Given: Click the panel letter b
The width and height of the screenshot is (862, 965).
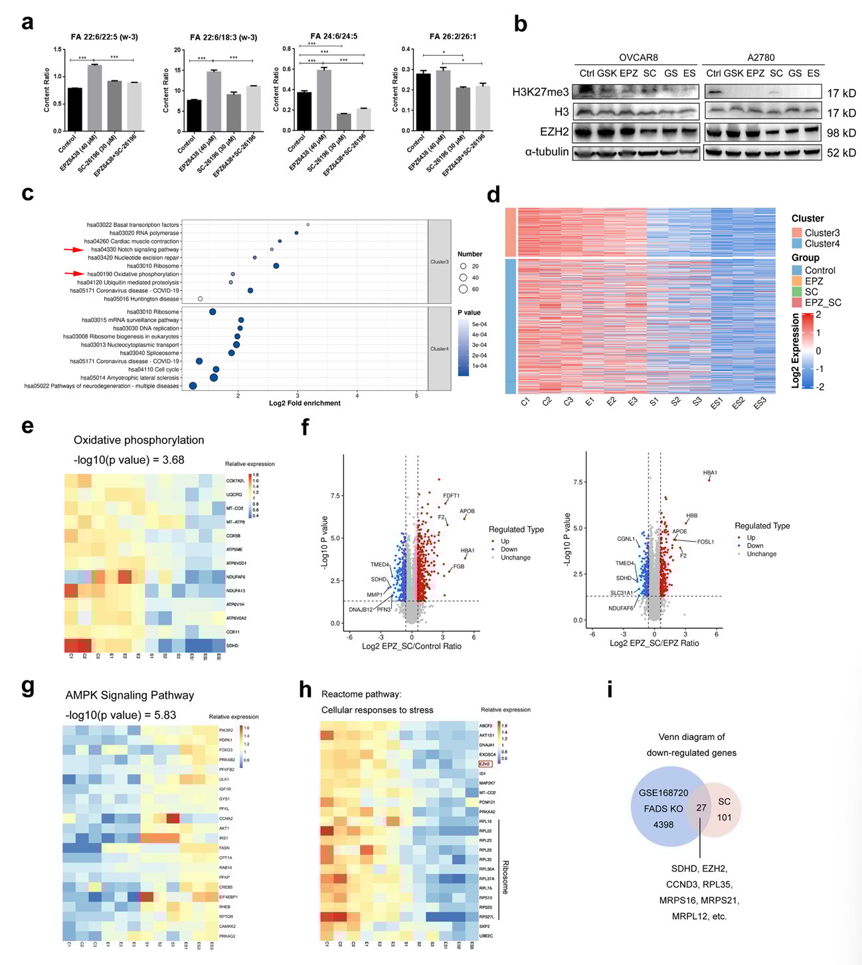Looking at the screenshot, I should tap(521, 25).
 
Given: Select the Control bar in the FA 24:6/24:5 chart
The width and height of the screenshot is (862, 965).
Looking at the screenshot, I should tap(304, 111).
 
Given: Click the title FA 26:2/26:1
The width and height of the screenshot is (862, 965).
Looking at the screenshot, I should tap(452, 37).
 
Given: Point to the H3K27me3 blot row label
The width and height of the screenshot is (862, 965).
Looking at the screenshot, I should tap(540, 92).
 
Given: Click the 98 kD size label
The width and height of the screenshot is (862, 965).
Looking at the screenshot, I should tap(841, 133).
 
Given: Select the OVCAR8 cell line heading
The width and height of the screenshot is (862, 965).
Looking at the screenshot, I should tap(638, 58).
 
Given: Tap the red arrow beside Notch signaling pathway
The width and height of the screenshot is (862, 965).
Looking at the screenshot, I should tap(74, 250).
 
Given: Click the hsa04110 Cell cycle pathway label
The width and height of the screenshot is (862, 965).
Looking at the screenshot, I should tap(153, 370).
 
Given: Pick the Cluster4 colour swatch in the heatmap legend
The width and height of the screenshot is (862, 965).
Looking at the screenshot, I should tap(797, 244).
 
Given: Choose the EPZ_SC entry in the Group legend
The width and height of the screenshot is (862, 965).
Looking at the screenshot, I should tap(823, 303).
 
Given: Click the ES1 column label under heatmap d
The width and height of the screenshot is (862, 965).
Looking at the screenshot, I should tap(717, 403).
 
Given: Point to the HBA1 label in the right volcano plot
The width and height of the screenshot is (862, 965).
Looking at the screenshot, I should tap(710, 473).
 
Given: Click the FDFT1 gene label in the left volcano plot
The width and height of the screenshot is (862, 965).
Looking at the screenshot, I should tap(451, 496).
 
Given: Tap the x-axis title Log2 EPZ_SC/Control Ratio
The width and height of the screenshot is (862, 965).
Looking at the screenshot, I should tap(411, 646).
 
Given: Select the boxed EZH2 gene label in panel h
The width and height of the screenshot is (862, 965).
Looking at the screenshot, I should tap(486, 764).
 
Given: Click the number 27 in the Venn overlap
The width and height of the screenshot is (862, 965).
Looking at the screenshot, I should tap(701, 808).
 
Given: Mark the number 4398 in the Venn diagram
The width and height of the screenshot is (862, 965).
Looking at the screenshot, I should tap(663, 825).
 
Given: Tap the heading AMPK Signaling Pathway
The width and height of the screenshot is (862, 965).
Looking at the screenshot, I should tap(129, 695).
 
